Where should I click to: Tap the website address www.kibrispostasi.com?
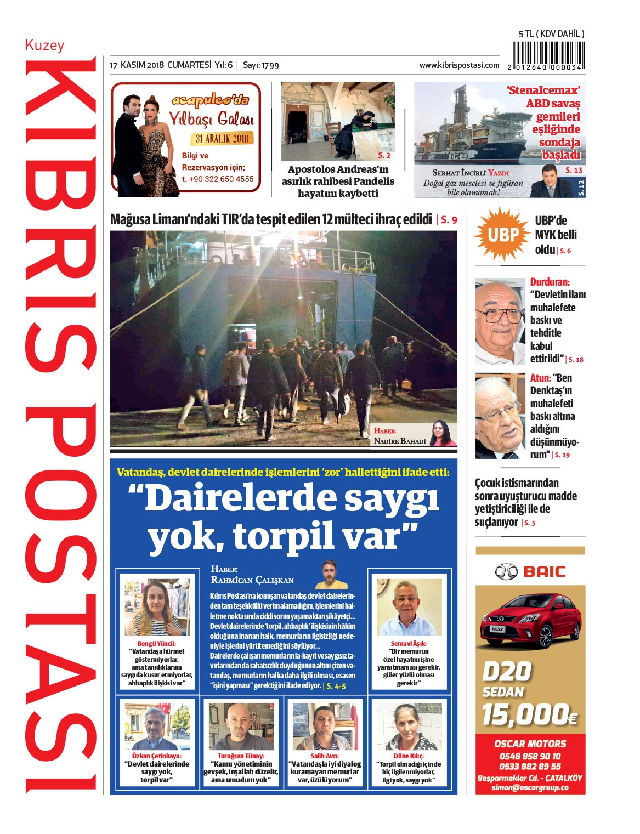pos(459,65)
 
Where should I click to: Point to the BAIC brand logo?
pos(530,572)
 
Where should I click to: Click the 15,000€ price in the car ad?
pos(529,714)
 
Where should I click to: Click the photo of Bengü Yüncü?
pos(156,608)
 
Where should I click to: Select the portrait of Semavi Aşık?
pos(409,608)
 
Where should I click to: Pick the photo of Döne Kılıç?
pos(409,727)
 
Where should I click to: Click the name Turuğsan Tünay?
pos(241,756)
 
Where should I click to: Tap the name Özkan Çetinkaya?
pos(157,756)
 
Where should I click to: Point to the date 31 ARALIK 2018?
pos(222,138)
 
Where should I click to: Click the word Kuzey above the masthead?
pos(44,45)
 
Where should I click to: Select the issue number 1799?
pos(270,66)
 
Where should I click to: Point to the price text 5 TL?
pos(526,33)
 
